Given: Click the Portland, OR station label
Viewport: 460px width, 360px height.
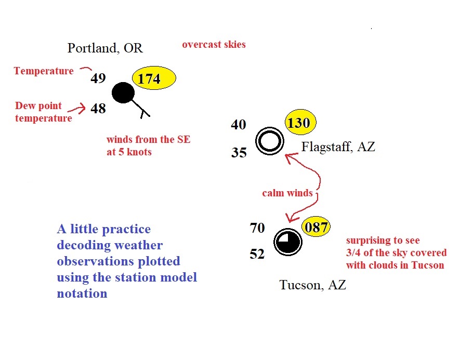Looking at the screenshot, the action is point(105,48).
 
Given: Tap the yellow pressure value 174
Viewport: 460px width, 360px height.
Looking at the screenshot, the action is point(149,78).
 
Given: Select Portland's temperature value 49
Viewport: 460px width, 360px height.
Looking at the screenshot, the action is point(98,78).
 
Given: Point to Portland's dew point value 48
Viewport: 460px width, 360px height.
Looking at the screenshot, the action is point(98,109).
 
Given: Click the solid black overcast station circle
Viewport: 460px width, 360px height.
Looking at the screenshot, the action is point(123,92).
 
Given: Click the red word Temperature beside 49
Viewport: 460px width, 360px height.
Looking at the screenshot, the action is point(44,71).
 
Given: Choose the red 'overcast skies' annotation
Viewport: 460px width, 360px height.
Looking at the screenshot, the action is point(214,44).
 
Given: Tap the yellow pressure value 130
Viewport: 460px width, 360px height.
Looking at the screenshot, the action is point(299,123).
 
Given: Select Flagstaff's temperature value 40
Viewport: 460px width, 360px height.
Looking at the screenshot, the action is point(239,124).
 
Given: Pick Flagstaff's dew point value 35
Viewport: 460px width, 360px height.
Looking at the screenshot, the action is point(239,152).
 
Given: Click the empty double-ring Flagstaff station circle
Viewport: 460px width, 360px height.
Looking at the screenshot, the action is point(270,130).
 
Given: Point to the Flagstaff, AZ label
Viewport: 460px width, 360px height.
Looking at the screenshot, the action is point(338,146).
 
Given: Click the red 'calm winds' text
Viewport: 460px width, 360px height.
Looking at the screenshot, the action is point(287,193).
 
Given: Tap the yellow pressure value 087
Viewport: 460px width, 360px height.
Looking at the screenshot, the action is point(316,227).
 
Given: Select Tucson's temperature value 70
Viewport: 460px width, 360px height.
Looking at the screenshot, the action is point(257,228).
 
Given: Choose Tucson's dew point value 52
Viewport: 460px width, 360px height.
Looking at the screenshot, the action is point(257,254).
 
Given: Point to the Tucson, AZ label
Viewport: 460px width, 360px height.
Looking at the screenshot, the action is point(313,285).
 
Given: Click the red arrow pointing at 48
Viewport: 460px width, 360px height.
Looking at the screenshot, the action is point(77,109).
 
